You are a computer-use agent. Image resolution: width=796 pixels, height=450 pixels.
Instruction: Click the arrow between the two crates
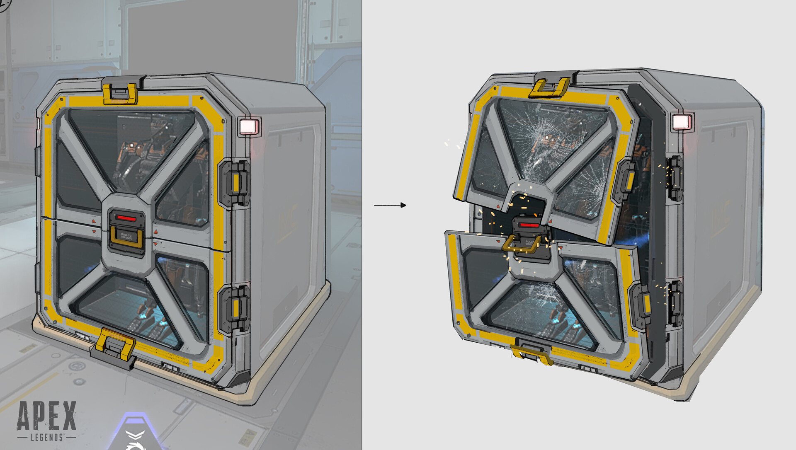(390, 205)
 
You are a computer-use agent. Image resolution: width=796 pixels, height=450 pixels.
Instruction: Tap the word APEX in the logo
(47, 416)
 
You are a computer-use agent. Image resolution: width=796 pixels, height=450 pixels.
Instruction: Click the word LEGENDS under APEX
(47, 437)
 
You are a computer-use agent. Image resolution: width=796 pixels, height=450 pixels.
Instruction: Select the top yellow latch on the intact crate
(120, 94)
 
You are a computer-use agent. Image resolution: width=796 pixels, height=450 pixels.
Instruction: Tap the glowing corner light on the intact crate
(249, 126)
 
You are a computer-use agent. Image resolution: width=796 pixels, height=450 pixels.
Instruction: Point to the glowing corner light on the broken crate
(681, 122)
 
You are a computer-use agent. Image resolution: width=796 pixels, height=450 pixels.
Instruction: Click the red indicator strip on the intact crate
(126, 218)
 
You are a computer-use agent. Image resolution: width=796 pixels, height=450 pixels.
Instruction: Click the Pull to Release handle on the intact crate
(126, 237)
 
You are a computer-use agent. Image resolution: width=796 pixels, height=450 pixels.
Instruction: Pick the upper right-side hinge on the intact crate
(234, 183)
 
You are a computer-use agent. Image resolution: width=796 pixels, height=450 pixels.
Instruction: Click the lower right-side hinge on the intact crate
(234, 309)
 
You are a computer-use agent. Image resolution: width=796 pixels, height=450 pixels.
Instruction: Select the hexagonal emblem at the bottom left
(137, 433)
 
